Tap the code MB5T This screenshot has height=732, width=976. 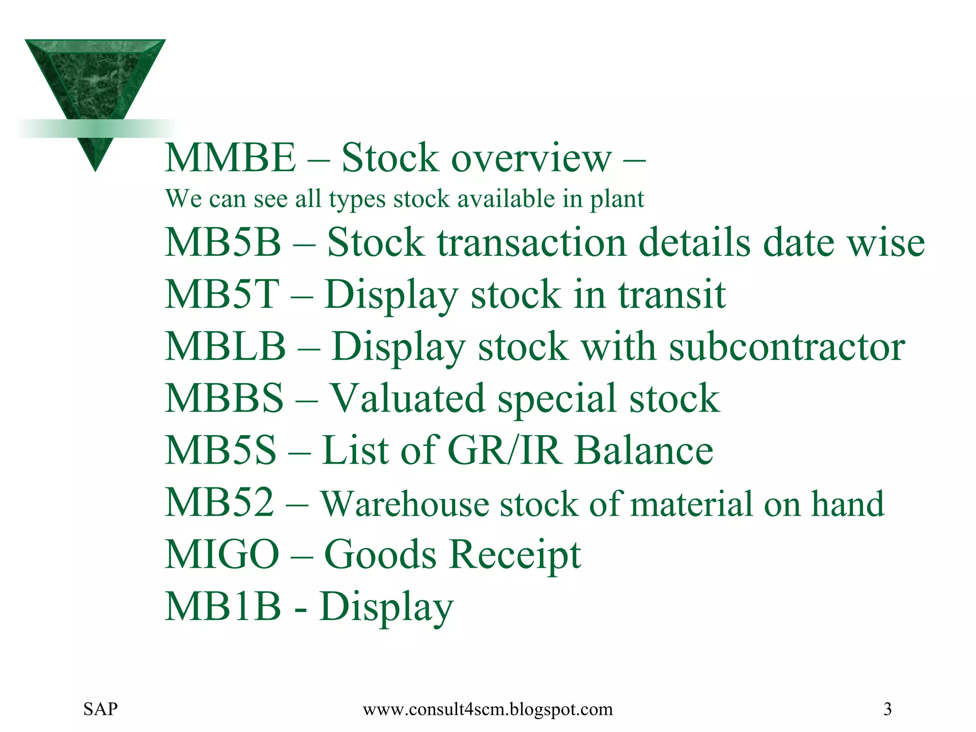pyautogui.click(x=222, y=294)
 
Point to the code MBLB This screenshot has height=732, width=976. pyautogui.click(x=225, y=346)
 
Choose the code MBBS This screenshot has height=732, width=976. pyautogui.click(x=224, y=398)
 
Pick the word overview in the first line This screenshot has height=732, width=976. pyautogui.click(x=531, y=159)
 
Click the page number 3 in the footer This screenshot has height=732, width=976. pyautogui.click(x=887, y=709)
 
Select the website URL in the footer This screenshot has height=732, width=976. pyautogui.click(x=488, y=710)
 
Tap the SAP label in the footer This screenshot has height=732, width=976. pyautogui.click(x=101, y=709)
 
